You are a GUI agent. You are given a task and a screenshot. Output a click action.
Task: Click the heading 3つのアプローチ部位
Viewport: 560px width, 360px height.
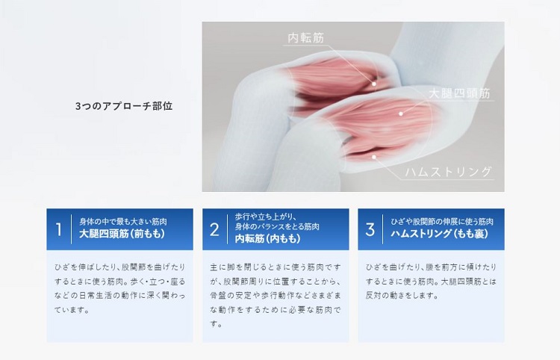click(x=124, y=106)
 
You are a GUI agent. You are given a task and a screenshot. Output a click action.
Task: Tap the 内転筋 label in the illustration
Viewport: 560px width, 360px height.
click(x=306, y=37)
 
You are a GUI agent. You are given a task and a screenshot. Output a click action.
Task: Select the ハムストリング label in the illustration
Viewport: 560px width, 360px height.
click(x=448, y=172)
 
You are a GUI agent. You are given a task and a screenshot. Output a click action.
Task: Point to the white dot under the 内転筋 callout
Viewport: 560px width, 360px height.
click(x=375, y=84)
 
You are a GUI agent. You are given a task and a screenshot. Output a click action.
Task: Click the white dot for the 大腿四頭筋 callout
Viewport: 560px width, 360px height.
click(x=401, y=114)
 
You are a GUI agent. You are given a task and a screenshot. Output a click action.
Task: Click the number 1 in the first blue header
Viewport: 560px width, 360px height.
click(x=59, y=229)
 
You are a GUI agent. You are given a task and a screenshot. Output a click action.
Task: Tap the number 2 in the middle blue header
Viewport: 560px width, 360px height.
click(x=214, y=229)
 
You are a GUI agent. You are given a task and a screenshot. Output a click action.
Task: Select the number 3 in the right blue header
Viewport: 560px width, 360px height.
click(x=370, y=229)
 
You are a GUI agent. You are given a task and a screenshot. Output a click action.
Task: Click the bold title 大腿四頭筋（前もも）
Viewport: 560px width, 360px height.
click(x=122, y=235)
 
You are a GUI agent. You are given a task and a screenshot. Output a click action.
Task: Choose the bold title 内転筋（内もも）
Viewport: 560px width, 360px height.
click(x=268, y=239)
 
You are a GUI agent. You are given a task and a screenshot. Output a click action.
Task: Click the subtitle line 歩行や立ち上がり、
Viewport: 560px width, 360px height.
click(x=265, y=217)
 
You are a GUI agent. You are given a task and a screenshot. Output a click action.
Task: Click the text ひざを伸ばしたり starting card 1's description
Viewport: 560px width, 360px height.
click(x=78, y=267)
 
